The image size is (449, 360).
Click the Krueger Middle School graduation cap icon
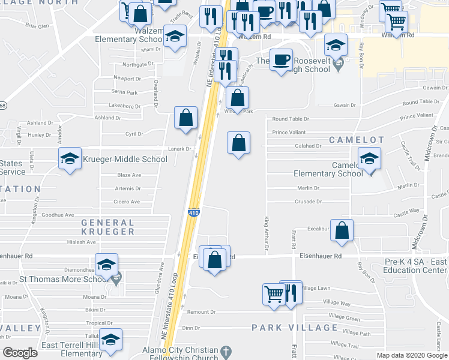pos(70,159)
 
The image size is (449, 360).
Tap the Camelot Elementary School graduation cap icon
pos(369,159)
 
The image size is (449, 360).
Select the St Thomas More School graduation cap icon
pos(106,265)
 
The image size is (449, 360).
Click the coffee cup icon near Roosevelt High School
pos(280,60)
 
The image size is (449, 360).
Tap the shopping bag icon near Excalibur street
pos(342,231)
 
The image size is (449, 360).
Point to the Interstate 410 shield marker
pos(193,212)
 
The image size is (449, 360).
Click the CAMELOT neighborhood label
pos(356,140)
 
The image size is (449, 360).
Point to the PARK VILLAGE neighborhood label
pos(294,328)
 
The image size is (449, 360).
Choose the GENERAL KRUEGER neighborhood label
pos(108,227)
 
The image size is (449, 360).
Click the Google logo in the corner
pos(20,353)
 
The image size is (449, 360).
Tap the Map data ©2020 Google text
pos(411,355)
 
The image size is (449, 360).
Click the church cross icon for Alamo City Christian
pos(226,351)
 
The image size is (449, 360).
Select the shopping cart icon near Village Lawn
pos(274,294)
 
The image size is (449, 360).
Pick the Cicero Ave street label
pos(128,202)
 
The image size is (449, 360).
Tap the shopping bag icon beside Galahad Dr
pos(238,143)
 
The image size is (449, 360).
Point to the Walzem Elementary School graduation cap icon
pos(175,37)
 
